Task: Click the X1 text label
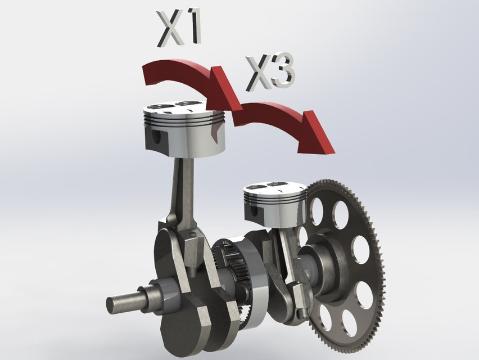click(179, 28)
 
